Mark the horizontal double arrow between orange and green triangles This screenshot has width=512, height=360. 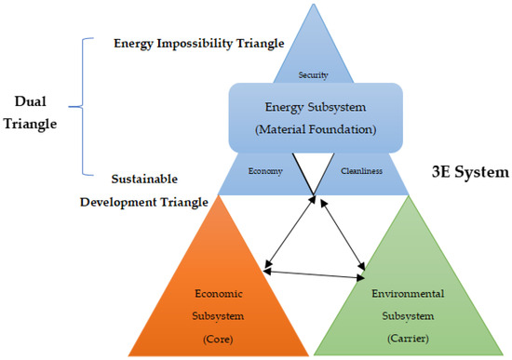point(313,273)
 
